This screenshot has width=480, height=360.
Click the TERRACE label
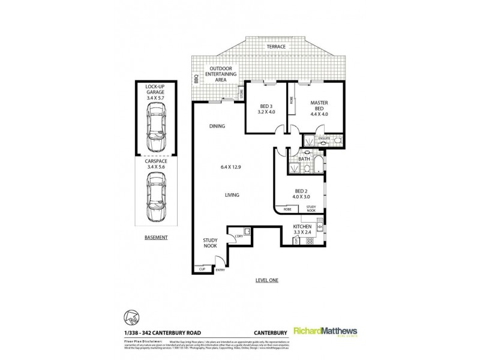277,46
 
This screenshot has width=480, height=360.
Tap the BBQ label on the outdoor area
196,78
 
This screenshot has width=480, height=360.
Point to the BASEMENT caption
155,238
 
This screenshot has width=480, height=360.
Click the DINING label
217,127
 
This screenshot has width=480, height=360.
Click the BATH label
304,159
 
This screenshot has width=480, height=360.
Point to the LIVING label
232,196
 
